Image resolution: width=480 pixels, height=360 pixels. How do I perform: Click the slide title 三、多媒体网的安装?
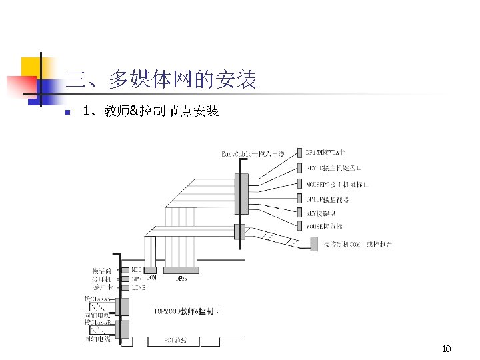pos(162,81)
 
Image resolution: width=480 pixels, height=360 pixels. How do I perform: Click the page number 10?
pos(447,349)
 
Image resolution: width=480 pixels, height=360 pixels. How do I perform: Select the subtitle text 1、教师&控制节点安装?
pos(151,111)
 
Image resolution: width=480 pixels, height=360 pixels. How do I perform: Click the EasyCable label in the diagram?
pos(253,155)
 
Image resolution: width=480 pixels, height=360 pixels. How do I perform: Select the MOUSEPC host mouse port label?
pos(339,183)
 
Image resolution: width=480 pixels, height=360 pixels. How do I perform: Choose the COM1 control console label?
pos(357,245)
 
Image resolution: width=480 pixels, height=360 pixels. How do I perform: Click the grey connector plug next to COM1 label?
pos(315,245)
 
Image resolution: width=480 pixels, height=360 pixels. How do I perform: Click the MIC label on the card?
pos(137,271)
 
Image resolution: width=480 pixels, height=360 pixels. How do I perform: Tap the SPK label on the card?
pos(137,279)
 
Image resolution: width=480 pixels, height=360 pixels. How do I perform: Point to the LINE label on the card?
pos(138,287)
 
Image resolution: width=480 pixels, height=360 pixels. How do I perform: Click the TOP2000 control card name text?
pos(187,311)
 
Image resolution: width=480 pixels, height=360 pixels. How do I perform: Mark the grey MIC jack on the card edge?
pos(125,271)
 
